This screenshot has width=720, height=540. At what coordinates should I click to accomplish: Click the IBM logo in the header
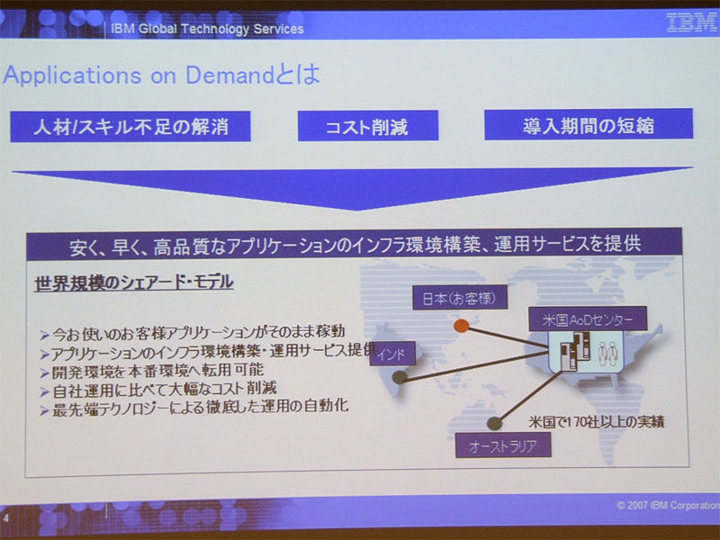click(x=691, y=22)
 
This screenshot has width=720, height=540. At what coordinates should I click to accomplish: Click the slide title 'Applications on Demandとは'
click(x=161, y=75)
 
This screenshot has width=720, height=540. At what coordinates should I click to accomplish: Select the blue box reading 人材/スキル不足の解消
click(x=130, y=126)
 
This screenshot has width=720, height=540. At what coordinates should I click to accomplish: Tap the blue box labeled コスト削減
click(x=368, y=125)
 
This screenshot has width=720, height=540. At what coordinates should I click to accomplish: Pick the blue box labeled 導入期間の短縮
click(x=589, y=124)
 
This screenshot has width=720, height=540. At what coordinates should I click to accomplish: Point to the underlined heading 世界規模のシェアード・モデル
click(x=134, y=282)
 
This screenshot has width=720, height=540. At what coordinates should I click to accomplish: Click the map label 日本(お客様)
click(x=460, y=297)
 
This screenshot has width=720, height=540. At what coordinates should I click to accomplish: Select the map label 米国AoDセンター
click(x=588, y=319)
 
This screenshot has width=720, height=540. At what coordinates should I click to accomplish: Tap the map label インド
click(x=393, y=354)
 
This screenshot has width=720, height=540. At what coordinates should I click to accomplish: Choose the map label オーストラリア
click(x=503, y=445)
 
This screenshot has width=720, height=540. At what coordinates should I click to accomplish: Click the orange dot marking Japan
click(x=461, y=326)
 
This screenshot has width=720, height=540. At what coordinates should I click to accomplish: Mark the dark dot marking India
click(x=400, y=377)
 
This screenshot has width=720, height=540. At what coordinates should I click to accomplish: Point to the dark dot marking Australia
click(x=494, y=423)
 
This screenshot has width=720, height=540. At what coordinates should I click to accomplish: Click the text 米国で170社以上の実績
click(x=596, y=421)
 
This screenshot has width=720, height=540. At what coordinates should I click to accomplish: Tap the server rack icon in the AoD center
click(x=575, y=351)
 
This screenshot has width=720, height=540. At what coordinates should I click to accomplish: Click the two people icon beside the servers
click(x=608, y=353)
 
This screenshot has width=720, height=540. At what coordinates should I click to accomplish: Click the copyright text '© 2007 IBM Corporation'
click(x=668, y=505)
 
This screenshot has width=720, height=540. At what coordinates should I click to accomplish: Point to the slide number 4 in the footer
click(x=6, y=518)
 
